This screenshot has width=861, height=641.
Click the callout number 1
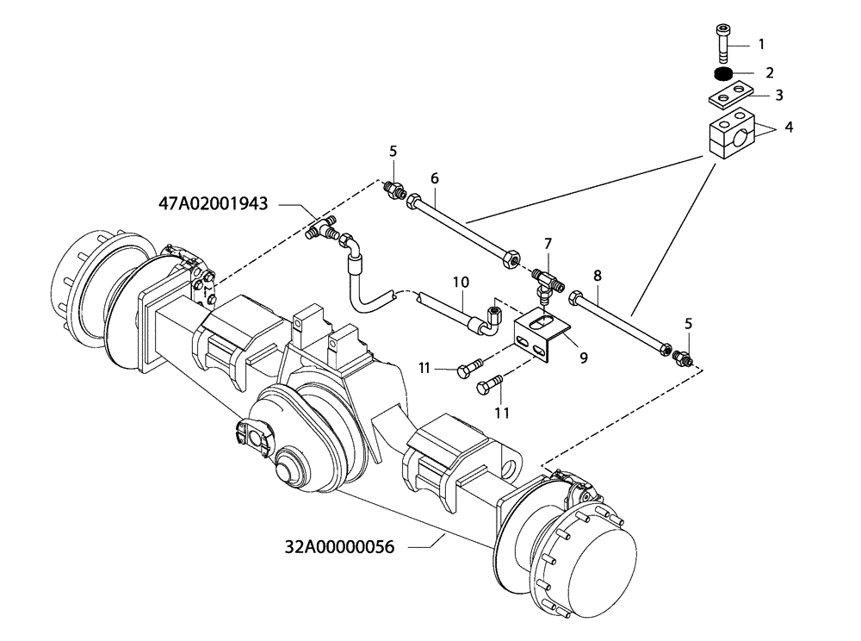pos(760,43)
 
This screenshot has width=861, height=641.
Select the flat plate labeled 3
pos(729,94)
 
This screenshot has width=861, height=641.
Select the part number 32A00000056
pos(339,546)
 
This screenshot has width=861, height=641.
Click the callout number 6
pos(435,178)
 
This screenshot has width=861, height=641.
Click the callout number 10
pos(461,282)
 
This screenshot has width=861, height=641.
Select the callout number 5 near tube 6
pos(393,152)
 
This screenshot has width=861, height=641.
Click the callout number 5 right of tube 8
pos(687,325)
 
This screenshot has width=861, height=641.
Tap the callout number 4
pos(789,128)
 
